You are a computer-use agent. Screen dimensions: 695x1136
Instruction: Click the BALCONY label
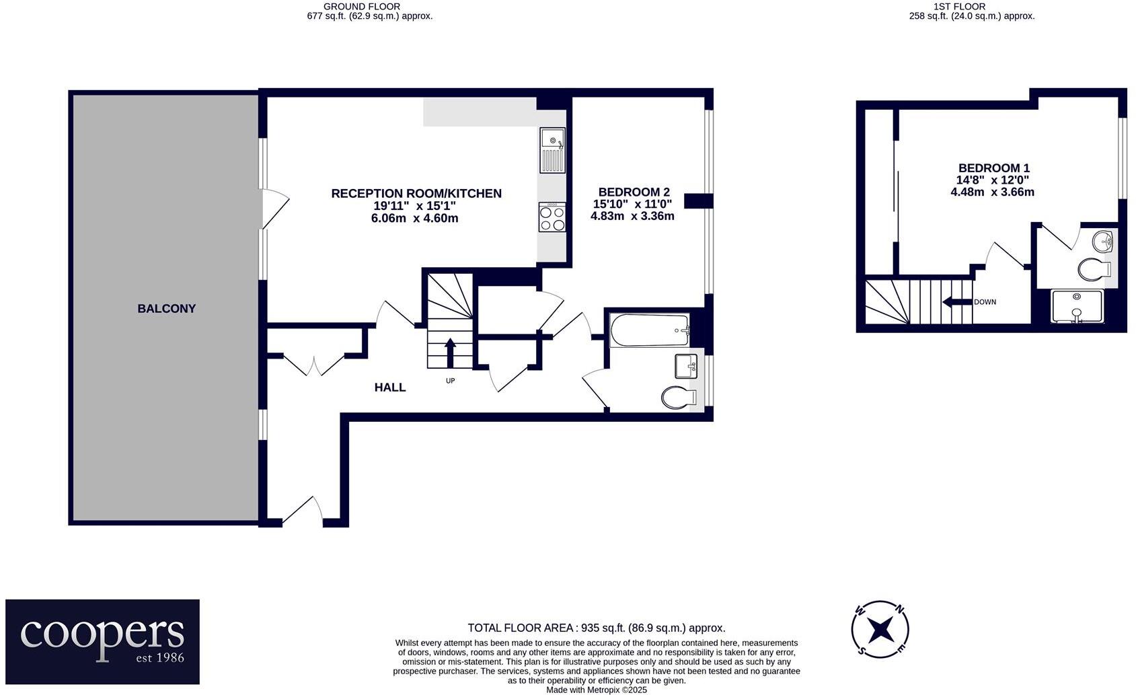click(166, 309)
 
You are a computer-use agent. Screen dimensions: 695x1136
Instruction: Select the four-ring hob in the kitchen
click(552, 217)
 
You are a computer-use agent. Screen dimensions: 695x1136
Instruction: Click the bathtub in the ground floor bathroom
click(650, 330)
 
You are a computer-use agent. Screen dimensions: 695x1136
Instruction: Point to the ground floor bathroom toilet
click(678, 398)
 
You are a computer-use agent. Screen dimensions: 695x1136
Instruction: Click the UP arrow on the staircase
click(450, 353)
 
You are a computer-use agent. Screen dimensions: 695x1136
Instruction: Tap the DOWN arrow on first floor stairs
click(957, 302)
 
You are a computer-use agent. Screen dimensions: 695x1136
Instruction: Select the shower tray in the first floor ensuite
click(1077, 306)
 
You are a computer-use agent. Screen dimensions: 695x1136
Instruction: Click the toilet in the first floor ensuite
click(1094, 270)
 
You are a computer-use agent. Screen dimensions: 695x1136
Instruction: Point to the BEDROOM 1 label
click(993, 168)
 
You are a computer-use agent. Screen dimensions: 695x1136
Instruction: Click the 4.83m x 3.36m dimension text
click(632, 216)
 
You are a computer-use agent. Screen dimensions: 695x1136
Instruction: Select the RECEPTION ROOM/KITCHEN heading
click(416, 194)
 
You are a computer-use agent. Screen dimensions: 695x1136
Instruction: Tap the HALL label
click(390, 388)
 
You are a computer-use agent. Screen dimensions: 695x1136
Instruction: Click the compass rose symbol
click(880, 630)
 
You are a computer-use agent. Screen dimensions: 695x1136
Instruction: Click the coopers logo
click(102, 641)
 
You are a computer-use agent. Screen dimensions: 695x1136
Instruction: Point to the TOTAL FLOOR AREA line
click(596, 628)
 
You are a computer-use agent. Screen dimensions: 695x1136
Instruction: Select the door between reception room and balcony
click(274, 209)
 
